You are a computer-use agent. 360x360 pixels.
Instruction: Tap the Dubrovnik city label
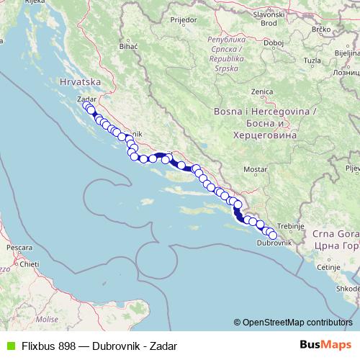[x=273, y=244]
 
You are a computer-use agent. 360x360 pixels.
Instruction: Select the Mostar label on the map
[x=256, y=169]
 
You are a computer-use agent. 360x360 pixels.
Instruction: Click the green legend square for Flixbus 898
[x=9, y=346]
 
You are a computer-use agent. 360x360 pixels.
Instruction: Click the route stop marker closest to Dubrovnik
[x=272, y=235]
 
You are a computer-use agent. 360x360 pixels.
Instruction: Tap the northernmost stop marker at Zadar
[x=87, y=107]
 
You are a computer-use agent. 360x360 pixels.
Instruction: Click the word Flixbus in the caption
[x=36, y=346]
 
